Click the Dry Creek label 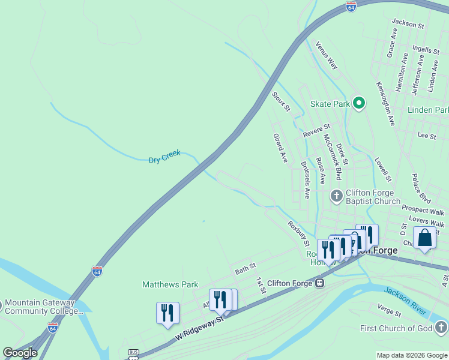(164, 157)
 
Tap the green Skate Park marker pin (359, 104)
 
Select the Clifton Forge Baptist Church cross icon (337, 196)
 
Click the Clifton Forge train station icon (321, 283)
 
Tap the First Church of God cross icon (441, 328)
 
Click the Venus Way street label (327, 55)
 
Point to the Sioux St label (280, 101)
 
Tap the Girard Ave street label (280, 148)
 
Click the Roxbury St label (298, 234)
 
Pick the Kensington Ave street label (385, 104)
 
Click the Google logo (20, 353)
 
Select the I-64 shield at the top (351, 7)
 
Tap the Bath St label (246, 269)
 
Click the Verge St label (389, 310)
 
